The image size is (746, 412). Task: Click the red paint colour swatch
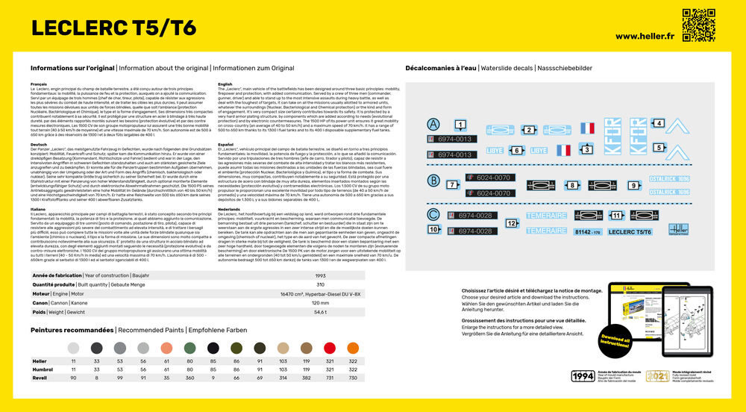[330, 348]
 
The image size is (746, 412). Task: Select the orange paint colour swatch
[353, 348]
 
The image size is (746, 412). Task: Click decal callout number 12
[512, 222]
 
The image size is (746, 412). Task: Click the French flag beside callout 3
[564, 150]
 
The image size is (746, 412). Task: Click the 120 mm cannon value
[320, 302]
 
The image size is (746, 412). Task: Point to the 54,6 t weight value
[320, 312]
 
